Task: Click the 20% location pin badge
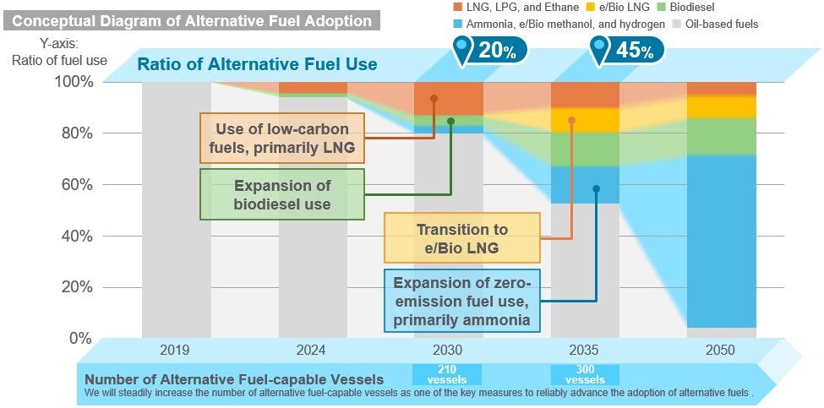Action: (489, 51)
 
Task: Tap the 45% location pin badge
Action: (626, 51)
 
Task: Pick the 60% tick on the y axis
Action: (74, 185)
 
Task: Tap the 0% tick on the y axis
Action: (80, 338)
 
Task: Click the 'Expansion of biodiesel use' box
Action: (282, 194)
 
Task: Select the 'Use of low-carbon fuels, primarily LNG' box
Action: (283, 139)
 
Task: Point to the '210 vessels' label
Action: (447, 374)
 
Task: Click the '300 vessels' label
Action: (585, 374)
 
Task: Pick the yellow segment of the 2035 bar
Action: (584, 120)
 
